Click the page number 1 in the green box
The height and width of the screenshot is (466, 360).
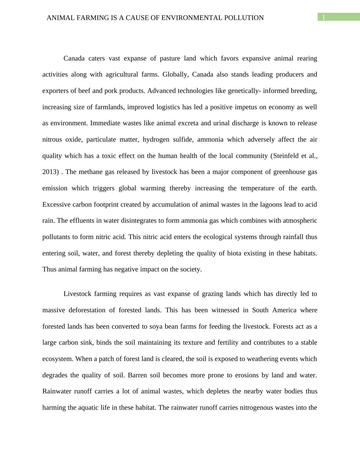coord(323,17)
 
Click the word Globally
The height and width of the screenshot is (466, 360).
coord(175,74)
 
